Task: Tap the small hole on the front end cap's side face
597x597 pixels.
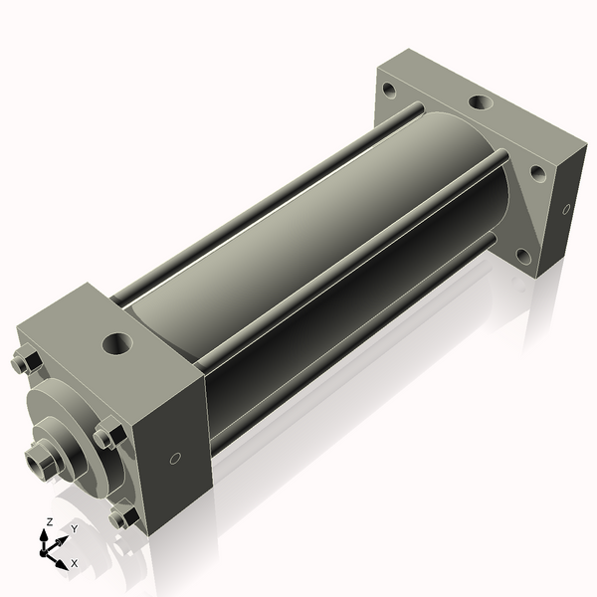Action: (175, 458)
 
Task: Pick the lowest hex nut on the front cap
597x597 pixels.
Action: (122, 516)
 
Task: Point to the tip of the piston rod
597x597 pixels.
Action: (38, 460)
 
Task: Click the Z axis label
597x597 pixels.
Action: (50, 521)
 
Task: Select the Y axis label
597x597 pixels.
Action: (74, 528)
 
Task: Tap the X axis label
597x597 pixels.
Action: (74, 563)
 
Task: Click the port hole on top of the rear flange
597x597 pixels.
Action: (480, 102)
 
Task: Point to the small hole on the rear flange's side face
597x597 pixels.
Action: (566, 209)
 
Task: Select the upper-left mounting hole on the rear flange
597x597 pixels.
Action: (389, 90)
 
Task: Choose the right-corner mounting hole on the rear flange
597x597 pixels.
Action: (537, 172)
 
